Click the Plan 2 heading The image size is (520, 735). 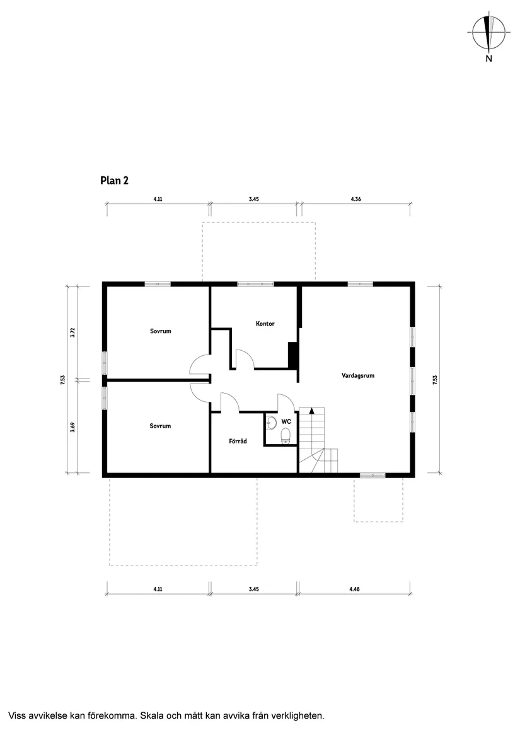pos(114,181)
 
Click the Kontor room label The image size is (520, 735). pos(265,324)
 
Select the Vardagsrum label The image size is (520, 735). pos(358,375)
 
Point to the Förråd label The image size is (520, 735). pos(238,441)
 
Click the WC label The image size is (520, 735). pos(286,421)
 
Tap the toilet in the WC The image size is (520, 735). pos(286,438)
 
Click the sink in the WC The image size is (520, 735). pos(271,423)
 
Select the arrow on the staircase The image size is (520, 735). pos(311,411)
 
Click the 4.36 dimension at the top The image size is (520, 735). pos(355,199)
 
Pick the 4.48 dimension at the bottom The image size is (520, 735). pos(354,590)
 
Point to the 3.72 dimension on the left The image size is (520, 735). pos(72,333)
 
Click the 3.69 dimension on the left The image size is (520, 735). pos(72,427)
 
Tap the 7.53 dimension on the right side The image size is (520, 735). pos(435,380)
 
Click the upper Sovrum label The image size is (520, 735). pos(161,331)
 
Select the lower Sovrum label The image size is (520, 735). pos(161,426)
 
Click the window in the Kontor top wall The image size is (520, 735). pos(255,283)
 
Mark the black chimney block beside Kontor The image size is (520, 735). pos(293,355)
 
